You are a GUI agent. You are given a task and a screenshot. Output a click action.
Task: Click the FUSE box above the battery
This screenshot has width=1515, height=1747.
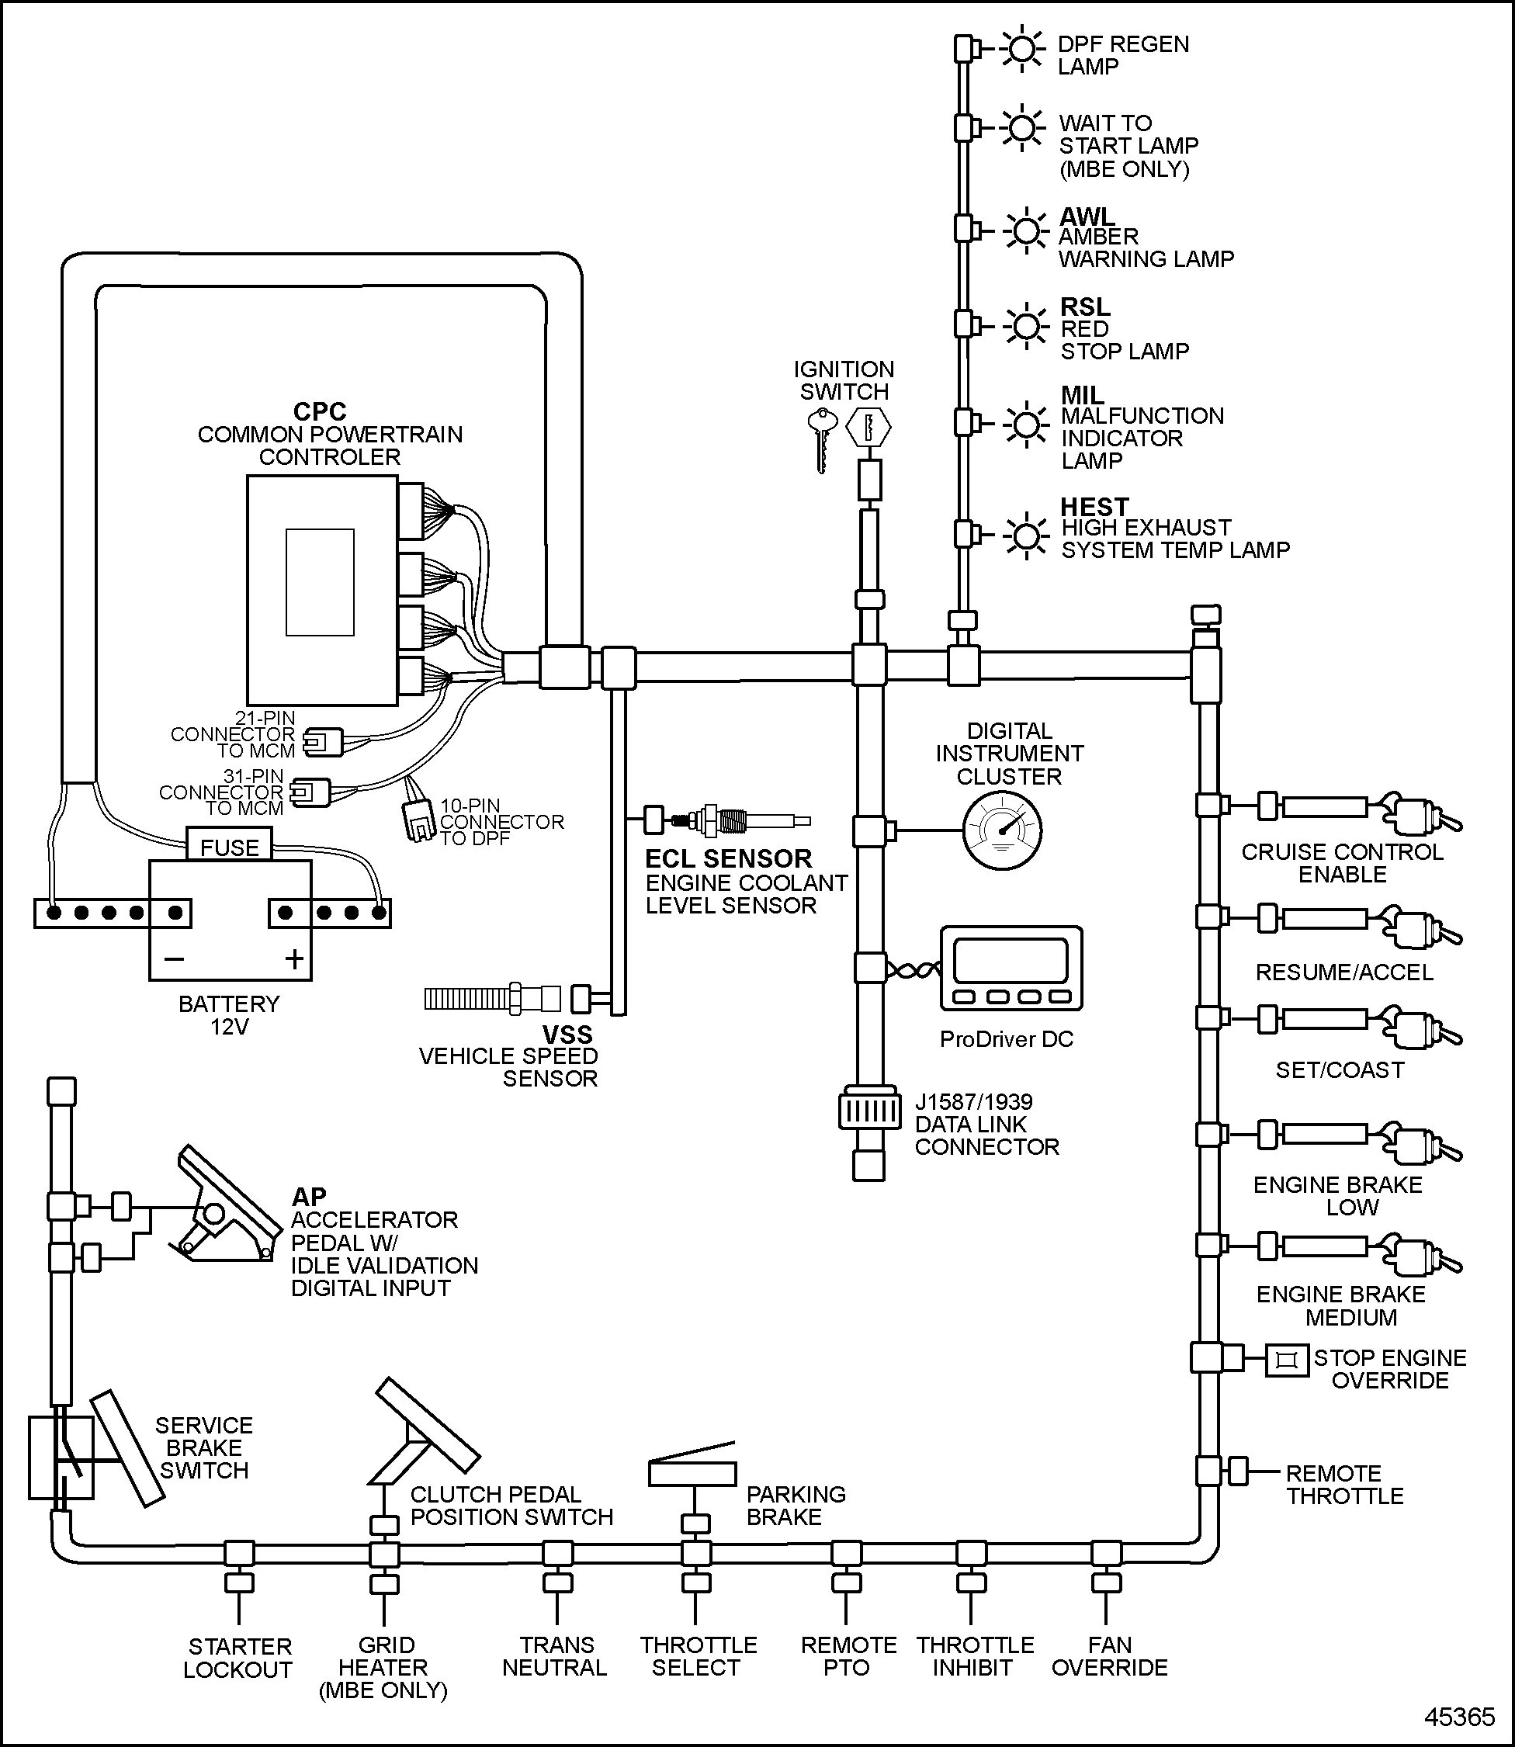coord(229,846)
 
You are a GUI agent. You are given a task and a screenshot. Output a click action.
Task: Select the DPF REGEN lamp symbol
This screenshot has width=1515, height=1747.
coord(1022,49)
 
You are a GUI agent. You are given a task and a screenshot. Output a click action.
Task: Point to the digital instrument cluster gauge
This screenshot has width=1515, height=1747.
coord(1002,831)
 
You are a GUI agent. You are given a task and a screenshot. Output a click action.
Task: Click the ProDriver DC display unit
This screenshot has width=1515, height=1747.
coord(1012,968)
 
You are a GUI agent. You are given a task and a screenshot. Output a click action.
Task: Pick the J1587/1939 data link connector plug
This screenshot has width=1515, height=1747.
coord(869,1111)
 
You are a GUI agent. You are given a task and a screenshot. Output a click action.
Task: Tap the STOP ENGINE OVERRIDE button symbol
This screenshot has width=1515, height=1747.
coord(1286,1361)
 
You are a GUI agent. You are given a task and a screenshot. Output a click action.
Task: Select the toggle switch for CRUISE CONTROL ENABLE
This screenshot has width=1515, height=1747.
coord(1423,815)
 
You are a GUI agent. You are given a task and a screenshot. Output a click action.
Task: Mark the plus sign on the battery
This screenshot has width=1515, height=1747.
coord(294,958)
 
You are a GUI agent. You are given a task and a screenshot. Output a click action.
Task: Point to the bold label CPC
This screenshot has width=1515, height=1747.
coord(320,411)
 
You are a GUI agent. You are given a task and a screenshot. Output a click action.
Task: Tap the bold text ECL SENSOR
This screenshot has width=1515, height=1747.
coord(728,858)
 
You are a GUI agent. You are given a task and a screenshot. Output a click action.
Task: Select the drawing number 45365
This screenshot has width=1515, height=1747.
coord(1459,1718)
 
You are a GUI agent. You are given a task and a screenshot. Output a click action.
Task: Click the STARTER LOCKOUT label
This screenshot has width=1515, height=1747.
coord(239,1658)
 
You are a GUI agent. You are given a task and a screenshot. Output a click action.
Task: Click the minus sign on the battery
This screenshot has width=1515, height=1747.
coord(174,958)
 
